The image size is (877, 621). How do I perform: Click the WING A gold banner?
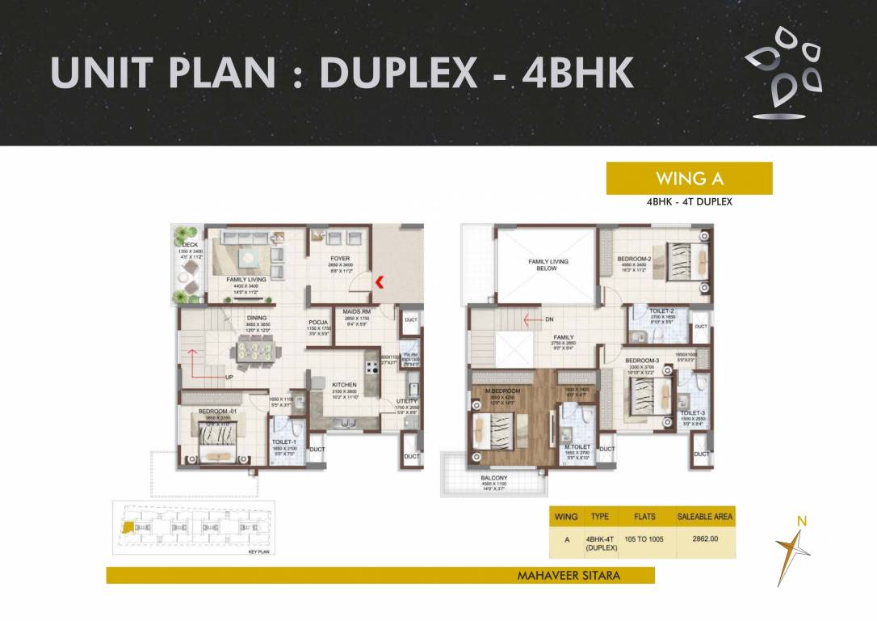(689, 179)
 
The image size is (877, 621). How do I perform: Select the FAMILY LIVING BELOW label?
(548, 264)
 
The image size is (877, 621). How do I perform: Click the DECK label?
(190, 243)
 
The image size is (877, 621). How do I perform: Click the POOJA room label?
(317, 321)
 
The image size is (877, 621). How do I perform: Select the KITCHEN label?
(344, 385)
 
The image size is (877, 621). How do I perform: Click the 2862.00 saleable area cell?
(704, 539)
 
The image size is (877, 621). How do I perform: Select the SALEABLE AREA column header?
(705, 516)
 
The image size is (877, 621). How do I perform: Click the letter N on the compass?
(801, 522)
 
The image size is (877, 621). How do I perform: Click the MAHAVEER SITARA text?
(573, 576)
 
